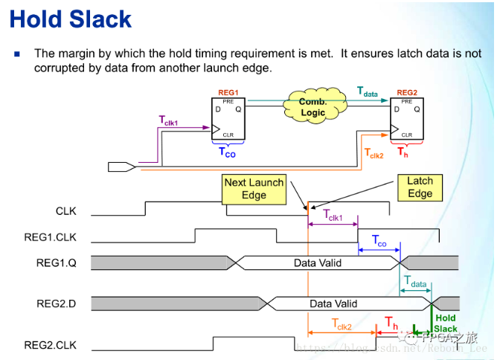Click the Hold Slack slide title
click(71, 19)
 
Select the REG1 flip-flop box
click(228, 119)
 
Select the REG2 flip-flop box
click(406, 119)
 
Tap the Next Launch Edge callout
click(254, 189)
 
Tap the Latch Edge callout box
click(420, 187)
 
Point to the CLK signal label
click(66, 211)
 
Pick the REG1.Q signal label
click(57, 263)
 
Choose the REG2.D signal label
click(56, 303)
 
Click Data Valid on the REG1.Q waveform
click(318, 263)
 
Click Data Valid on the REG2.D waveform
click(333, 303)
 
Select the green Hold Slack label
click(446, 324)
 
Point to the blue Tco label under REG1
click(227, 152)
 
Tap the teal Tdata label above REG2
click(368, 92)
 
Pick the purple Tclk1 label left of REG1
click(168, 120)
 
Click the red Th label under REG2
click(403, 152)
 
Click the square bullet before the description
click(18, 54)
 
